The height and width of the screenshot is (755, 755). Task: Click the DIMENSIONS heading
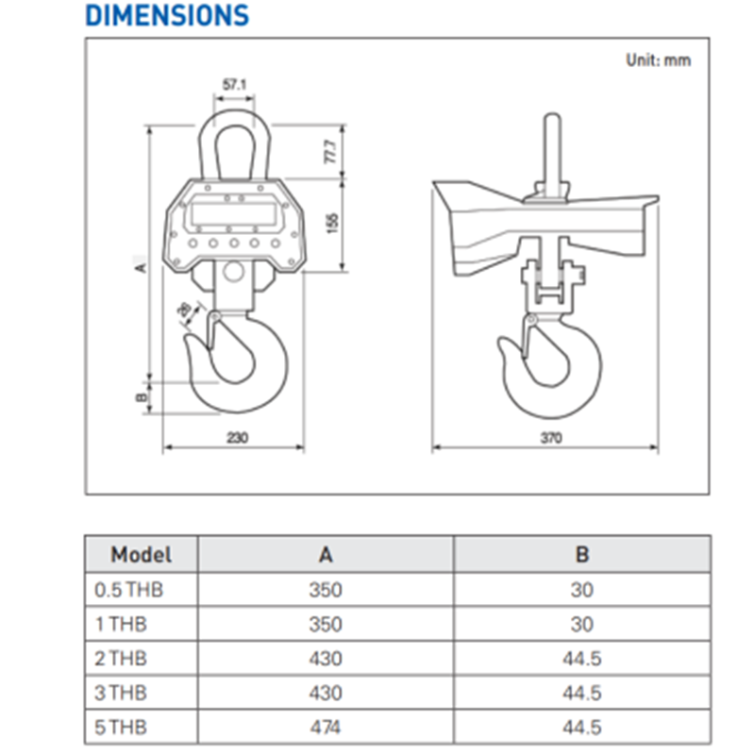(167, 15)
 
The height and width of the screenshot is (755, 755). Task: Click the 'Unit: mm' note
(658, 60)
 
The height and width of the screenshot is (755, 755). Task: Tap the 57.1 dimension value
(234, 85)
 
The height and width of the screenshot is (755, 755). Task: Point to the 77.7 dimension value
(331, 152)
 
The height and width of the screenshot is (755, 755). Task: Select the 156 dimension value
(332, 224)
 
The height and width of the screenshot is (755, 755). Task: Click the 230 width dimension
(238, 438)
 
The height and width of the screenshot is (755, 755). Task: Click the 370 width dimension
(551, 438)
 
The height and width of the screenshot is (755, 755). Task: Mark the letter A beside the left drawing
(140, 268)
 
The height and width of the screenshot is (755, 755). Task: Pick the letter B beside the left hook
(141, 397)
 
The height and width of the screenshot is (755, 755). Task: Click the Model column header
(141, 555)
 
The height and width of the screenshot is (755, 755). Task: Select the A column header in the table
(326, 555)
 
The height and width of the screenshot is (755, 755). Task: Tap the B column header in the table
(582, 555)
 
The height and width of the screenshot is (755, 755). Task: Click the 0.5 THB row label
(128, 590)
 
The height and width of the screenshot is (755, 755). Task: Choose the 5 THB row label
(121, 727)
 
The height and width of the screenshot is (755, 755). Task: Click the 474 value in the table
(326, 727)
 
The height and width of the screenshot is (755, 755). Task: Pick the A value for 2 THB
(326, 658)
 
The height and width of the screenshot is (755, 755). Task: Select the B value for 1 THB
(582, 624)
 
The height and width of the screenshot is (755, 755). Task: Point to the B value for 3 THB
(582, 693)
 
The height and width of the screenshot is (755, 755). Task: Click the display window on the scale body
(234, 213)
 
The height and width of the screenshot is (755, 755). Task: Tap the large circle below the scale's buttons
(233, 271)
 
